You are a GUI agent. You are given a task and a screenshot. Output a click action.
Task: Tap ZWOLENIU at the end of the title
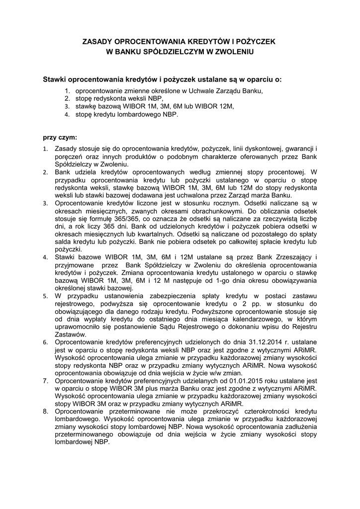[233, 51]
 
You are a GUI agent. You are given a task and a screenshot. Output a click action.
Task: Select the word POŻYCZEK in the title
[257, 42]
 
